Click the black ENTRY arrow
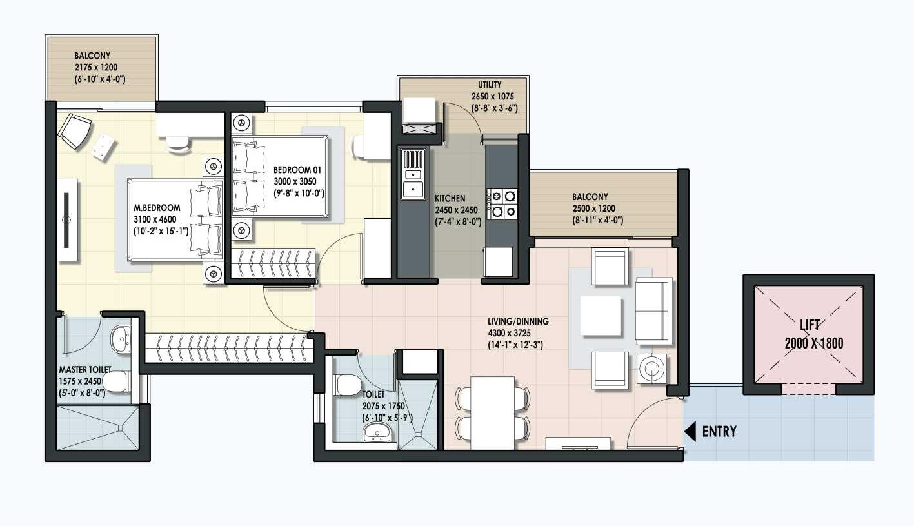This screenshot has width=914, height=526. [690, 431]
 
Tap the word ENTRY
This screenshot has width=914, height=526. [719, 431]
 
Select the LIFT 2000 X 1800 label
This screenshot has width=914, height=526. [813, 335]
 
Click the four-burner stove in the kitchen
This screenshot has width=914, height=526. [502, 203]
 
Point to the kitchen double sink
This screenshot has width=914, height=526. [413, 174]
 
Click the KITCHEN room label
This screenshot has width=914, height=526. [450, 198]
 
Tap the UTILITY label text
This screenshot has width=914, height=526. [490, 85]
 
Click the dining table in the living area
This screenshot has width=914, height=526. [492, 412]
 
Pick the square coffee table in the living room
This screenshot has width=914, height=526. [600, 316]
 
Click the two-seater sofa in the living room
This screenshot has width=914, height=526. [654, 310]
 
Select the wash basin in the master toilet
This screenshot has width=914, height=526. [121, 339]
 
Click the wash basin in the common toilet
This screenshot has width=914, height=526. [377, 432]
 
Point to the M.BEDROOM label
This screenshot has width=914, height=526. [157, 208]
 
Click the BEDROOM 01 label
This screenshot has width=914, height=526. [297, 170]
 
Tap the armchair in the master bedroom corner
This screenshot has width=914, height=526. [74, 130]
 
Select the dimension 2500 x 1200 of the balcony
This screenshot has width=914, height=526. [593, 208]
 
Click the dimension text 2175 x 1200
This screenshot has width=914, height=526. [96, 67]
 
